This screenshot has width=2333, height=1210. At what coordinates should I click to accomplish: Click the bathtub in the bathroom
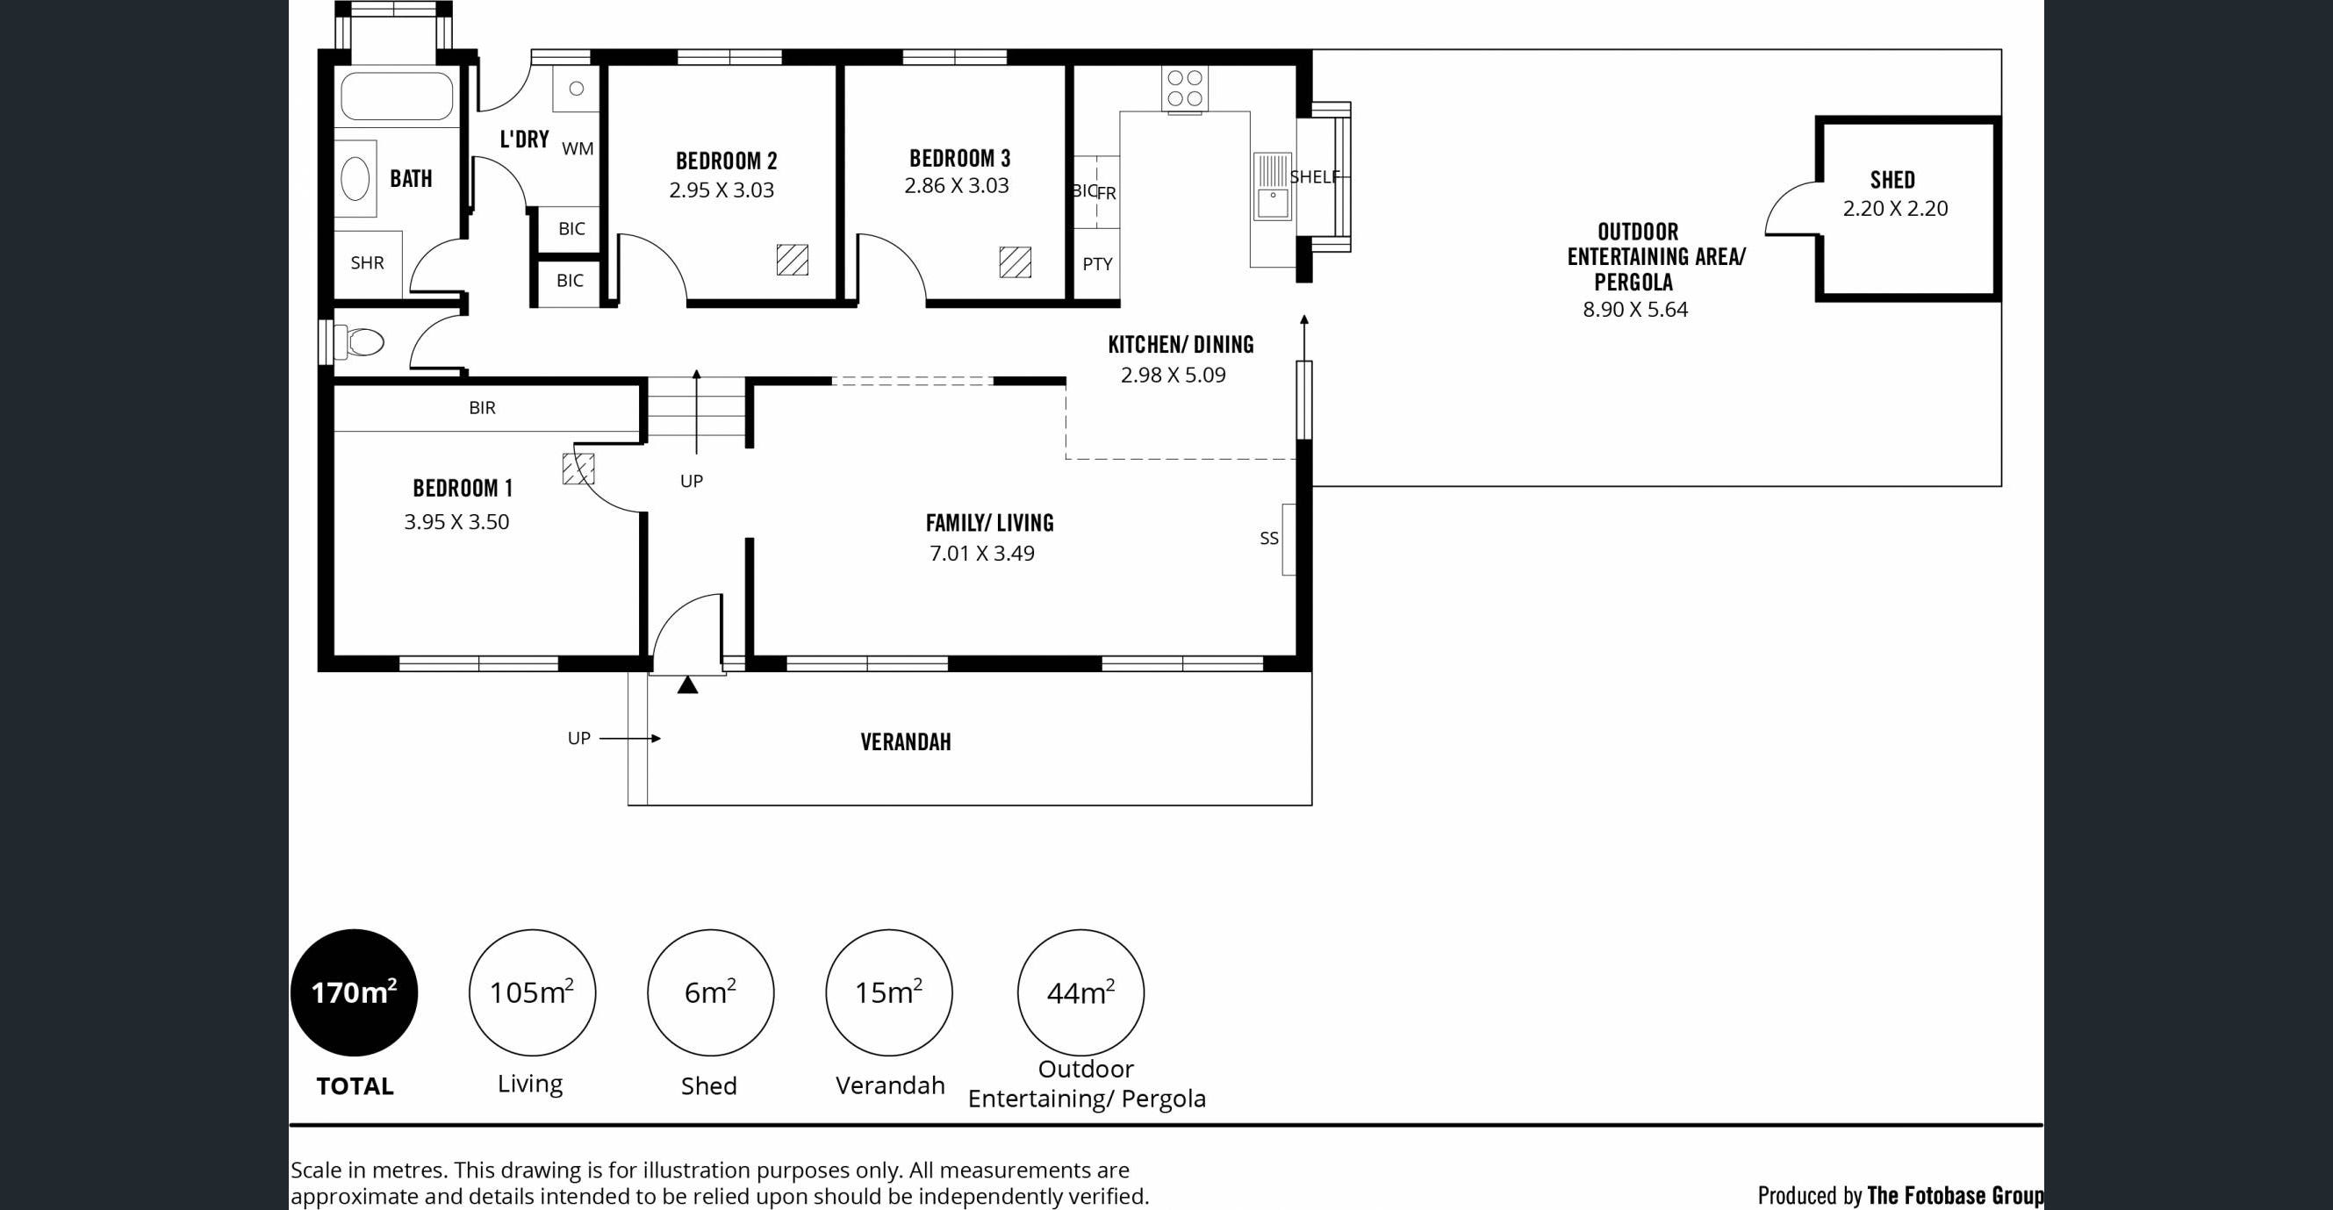[396, 95]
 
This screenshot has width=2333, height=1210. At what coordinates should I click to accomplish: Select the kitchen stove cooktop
[1185, 89]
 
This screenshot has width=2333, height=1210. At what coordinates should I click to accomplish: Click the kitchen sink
[1273, 187]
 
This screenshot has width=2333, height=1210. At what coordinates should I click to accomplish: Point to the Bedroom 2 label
[727, 161]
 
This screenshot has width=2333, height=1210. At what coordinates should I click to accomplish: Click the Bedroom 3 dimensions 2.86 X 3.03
[957, 186]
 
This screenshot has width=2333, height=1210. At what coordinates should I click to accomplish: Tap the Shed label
[1893, 180]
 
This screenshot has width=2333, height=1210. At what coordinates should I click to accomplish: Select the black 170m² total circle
[354, 992]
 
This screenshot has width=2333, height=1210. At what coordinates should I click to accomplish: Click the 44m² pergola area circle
[1080, 992]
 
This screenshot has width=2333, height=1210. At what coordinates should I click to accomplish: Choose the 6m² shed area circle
[710, 992]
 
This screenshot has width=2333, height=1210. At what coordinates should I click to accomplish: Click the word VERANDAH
[906, 741]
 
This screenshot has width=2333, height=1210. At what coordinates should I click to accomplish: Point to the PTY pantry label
[1097, 264]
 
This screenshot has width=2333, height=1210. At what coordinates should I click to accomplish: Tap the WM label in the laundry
[578, 148]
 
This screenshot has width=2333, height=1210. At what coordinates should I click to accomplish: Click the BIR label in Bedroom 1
[482, 407]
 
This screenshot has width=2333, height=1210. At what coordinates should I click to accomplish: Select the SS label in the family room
[1269, 538]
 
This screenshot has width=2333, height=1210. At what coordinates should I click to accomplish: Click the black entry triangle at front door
[687, 684]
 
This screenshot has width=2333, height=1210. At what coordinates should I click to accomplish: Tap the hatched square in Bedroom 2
[793, 260]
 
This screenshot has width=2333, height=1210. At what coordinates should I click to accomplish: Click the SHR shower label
[367, 262]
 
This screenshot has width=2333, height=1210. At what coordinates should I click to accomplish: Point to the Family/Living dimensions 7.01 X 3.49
[982, 554]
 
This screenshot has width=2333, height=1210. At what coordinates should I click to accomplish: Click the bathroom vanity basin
[355, 178]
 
